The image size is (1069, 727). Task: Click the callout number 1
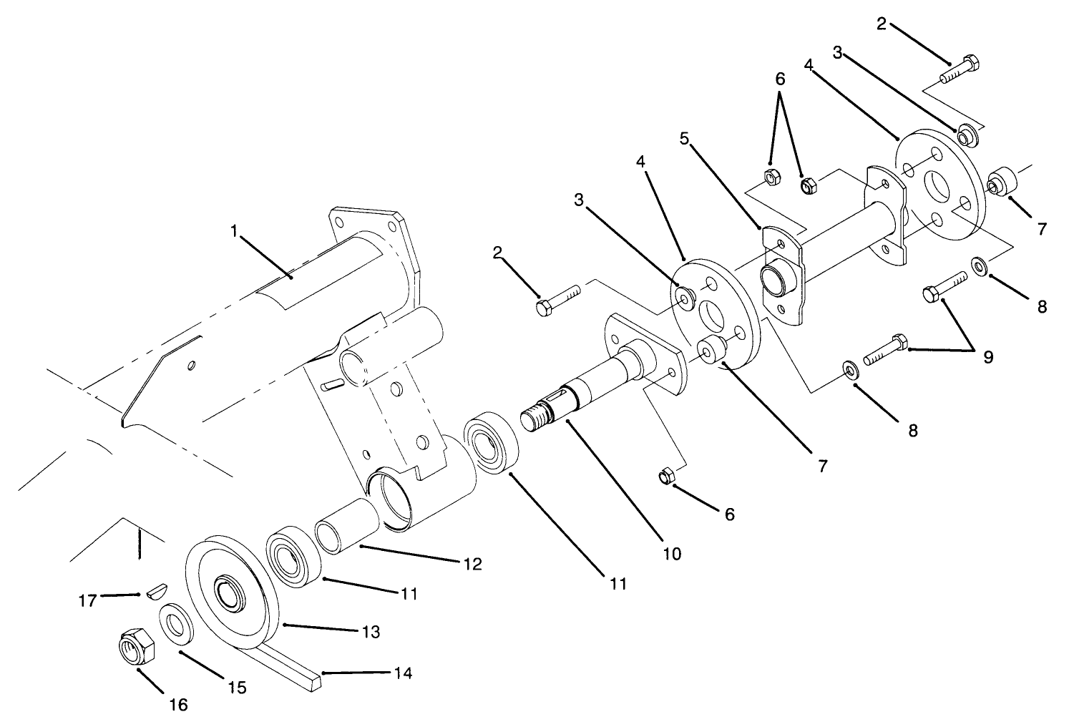pyautogui.click(x=233, y=231)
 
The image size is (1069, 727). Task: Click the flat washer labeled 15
pyautogui.click(x=175, y=625)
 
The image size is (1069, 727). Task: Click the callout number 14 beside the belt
pyautogui.click(x=404, y=674)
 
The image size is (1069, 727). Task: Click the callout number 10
pyautogui.click(x=672, y=553)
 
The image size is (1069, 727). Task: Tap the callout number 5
pyautogui.click(x=684, y=139)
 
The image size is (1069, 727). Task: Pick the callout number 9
pyautogui.click(x=988, y=357)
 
